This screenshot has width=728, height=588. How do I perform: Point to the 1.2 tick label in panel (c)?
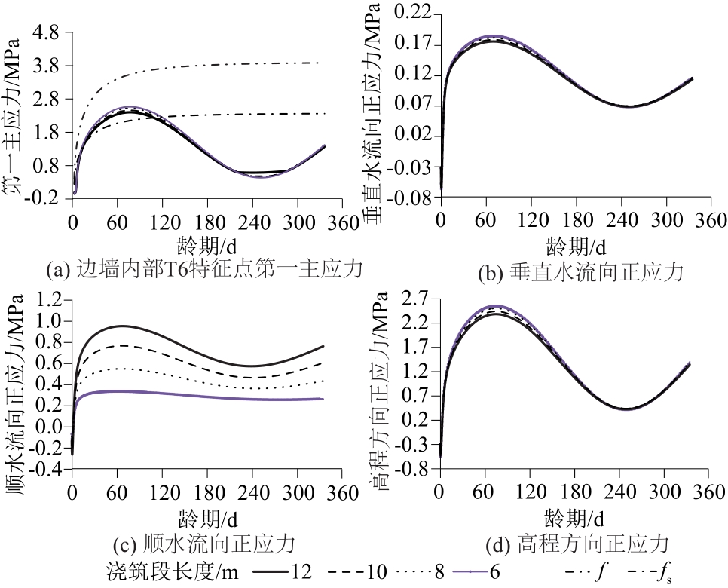[x=50, y=300]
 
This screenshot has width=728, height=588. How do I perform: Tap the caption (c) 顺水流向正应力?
[x=202, y=542]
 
